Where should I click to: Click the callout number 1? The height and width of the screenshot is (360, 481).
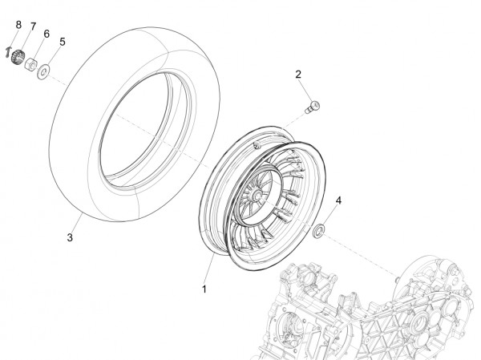pyautogui.click(x=204, y=289)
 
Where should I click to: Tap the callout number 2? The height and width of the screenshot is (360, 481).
pyautogui.click(x=298, y=75)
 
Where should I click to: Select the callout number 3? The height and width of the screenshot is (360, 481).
pyautogui.click(x=70, y=237)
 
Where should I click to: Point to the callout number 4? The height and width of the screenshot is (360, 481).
pyautogui.click(x=338, y=200)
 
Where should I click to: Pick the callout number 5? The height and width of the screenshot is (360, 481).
pyautogui.click(x=63, y=42)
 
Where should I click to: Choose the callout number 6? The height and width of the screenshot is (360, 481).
pyautogui.click(x=46, y=34)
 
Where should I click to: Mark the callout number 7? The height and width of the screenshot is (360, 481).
pyautogui.click(x=33, y=26)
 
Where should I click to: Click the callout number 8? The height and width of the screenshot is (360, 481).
pyautogui.click(x=18, y=25)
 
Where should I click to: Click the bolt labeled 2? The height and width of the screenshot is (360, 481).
pyautogui.click(x=313, y=107)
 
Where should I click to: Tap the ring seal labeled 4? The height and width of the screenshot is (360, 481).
pyautogui.click(x=318, y=231)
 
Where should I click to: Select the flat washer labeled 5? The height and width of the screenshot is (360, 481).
pyautogui.click(x=43, y=72)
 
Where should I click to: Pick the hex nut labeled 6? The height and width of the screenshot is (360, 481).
pyautogui.click(x=30, y=64)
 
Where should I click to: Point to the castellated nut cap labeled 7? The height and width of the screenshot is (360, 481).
pyautogui.click(x=18, y=57)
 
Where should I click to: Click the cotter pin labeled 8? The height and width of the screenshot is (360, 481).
pyautogui.click(x=8, y=52)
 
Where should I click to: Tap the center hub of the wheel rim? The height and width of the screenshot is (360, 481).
pyautogui.click(x=257, y=195)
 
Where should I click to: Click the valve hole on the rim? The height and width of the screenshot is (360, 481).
pyautogui.click(x=257, y=145)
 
